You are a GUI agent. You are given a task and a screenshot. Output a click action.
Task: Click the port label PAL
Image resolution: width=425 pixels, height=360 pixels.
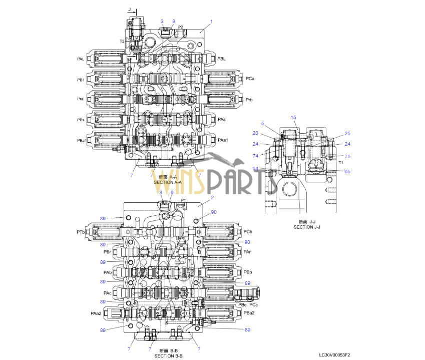point(80,59)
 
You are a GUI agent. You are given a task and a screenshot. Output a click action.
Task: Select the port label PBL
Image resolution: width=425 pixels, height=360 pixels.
point(221,59)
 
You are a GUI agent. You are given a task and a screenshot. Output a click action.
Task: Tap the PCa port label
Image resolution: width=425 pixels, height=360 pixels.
point(250,79)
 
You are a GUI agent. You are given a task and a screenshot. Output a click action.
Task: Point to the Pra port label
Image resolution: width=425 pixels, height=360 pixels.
point(80,99)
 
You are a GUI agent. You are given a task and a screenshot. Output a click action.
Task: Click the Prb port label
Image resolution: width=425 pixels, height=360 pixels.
point(249,100)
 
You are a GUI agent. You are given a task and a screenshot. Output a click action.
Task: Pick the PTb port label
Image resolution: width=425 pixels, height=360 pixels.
point(80,232)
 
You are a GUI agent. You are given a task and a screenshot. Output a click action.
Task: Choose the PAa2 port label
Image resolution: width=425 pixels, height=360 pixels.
point(96,313)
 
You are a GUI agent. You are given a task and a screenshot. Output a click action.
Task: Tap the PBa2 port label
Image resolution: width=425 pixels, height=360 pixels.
point(249,313)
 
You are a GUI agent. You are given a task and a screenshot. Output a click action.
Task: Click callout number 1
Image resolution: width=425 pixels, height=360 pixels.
point(212,21)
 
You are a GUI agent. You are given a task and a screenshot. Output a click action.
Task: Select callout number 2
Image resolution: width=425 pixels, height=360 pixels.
point(213,198)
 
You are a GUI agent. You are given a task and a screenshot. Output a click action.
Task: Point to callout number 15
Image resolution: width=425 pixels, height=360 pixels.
point(294,118)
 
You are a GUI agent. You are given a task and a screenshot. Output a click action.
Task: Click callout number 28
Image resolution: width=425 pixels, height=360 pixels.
point(255,133)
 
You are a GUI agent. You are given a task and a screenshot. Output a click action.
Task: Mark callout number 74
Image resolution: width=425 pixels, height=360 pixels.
point(255,156)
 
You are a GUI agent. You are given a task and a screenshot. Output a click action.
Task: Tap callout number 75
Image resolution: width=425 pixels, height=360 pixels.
point(347,156)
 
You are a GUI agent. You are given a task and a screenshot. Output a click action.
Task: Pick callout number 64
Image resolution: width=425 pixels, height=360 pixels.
point(255,169)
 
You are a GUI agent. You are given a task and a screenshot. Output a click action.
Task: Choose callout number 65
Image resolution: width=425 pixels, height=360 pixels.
point(347,172)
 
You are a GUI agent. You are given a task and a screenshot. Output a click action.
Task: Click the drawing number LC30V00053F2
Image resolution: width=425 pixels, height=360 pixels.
point(335,355)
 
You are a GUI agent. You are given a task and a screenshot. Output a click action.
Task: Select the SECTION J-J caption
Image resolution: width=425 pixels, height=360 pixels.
point(306,227)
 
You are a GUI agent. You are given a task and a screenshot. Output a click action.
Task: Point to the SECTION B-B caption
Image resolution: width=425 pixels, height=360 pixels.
point(168,355)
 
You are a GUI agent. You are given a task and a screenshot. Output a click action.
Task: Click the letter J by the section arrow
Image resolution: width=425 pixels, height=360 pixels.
point(129,9)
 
